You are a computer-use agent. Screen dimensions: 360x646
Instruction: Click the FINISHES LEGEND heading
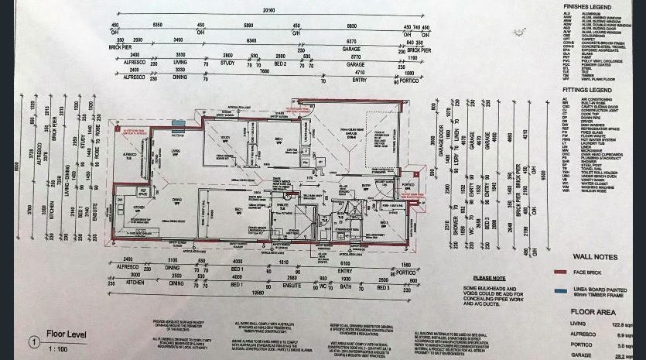(597, 6)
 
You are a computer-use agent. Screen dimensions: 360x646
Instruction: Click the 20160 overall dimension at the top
(267, 11)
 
